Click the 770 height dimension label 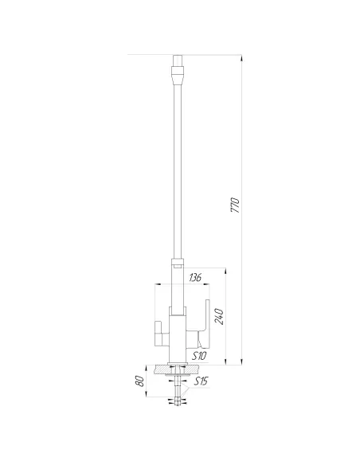pos(235,206)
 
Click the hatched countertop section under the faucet pos(164,369)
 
